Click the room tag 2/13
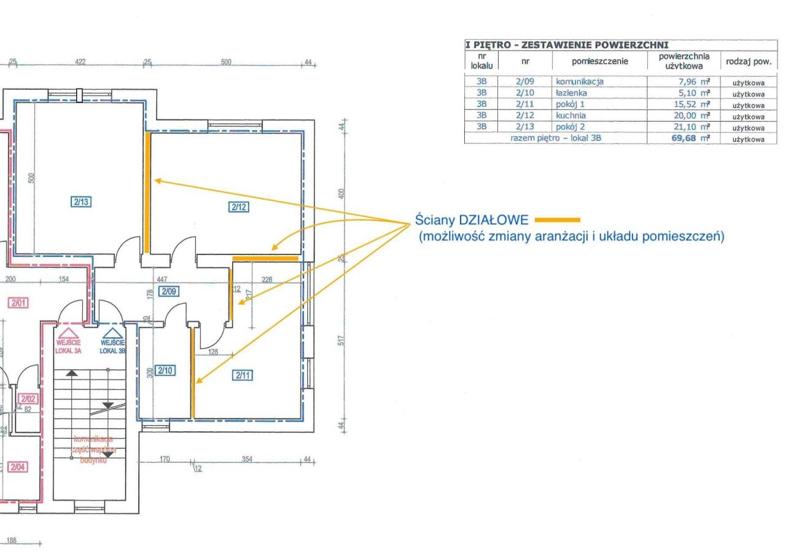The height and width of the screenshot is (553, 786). click(80, 201)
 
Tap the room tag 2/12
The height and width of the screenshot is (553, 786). click(239, 207)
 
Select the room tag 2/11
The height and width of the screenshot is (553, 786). click(243, 375)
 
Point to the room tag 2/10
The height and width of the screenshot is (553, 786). click(165, 371)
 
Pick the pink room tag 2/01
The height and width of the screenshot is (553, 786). click(17, 302)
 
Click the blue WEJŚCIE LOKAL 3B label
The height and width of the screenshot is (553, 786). click(113, 346)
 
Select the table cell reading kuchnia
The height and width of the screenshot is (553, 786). click(571, 116)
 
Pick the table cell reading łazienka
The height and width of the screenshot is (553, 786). click(572, 93)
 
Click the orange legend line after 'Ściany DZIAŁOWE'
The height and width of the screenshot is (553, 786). click(558, 219)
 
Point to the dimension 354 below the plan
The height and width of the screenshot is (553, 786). click(247, 459)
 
